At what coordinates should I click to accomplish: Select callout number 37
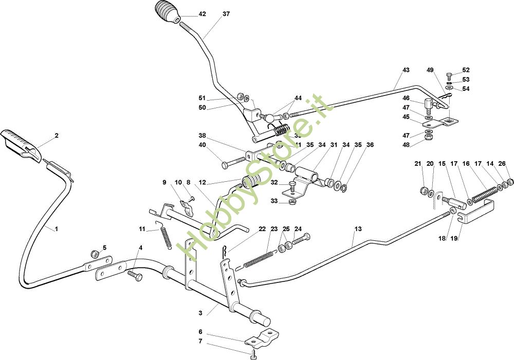(x=226, y=14)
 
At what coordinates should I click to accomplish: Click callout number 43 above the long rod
(x=406, y=70)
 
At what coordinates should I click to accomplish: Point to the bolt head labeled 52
(x=449, y=74)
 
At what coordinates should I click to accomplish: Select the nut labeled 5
(x=94, y=254)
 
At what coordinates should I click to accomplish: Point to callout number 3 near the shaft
(x=201, y=312)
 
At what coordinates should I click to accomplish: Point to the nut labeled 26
(x=510, y=182)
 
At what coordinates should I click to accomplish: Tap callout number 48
(x=406, y=145)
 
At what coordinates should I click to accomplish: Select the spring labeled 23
(x=260, y=258)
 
